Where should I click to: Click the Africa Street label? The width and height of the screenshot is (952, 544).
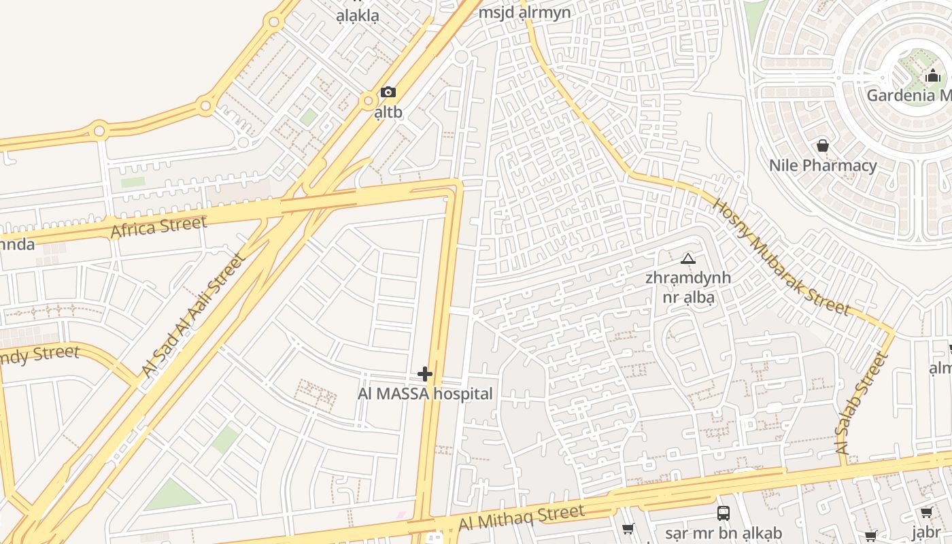[x=158, y=227]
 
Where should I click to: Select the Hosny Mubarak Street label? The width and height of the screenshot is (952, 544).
[x=781, y=257]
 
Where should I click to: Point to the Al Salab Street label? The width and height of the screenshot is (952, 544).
[x=862, y=404]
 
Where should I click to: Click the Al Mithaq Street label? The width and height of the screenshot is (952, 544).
[x=521, y=517]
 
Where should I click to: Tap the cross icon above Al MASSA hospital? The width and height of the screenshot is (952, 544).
[x=425, y=374]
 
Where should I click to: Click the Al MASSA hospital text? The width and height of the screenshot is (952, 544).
[x=425, y=394]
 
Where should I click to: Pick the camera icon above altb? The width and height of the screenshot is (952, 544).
[x=388, y=92]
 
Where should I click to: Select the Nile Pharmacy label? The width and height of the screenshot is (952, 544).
[x=823, y=165]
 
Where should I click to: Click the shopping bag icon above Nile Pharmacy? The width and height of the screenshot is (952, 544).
[x=823, y=146]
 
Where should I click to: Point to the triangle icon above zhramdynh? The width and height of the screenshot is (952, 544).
[x=688, y=258]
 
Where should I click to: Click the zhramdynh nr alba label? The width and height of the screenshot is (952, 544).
[x=688, y=287]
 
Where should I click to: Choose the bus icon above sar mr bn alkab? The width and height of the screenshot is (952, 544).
[x=724, y=513]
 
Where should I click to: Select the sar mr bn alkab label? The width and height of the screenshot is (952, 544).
[x=724, y=533]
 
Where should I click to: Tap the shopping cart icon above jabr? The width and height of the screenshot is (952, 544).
[x=926, y=513]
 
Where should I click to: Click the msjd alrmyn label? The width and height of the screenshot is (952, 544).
[x=524, y=12]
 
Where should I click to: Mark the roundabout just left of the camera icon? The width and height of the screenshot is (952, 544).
[x=369, y=101]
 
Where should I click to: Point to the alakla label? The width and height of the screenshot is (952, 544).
[x=357, y=15]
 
